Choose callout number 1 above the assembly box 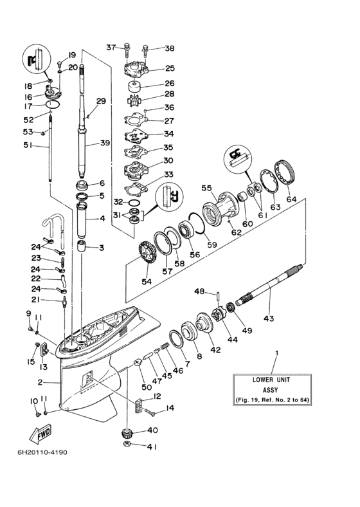coord(278,353)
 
